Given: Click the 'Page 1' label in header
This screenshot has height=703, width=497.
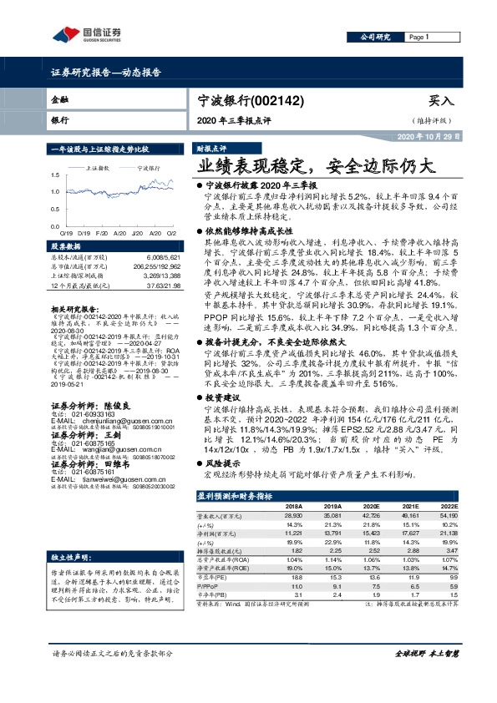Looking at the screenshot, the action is [x=418, y=38].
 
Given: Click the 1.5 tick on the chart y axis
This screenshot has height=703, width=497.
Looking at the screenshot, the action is [x=54, y=174].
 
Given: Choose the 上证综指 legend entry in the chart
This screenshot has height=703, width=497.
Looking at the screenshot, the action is [x=99, y=168].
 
